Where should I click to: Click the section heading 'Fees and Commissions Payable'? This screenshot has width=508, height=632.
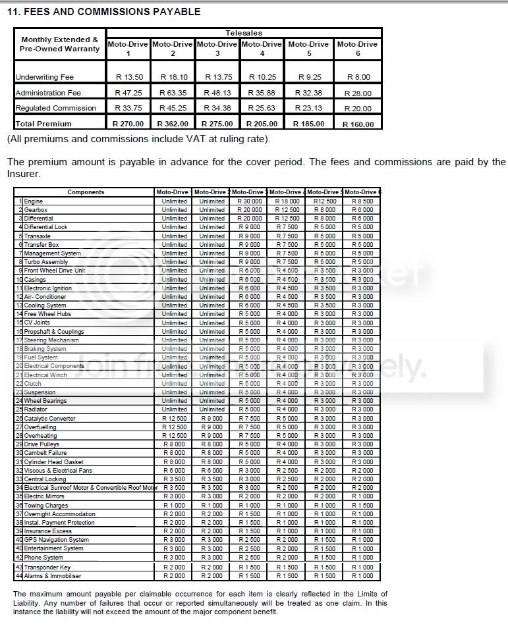[x=103, y=12]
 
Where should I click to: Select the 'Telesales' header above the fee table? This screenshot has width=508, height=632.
[x=244, y=33]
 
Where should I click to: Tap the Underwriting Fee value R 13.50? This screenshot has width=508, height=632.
[x=128, y=77]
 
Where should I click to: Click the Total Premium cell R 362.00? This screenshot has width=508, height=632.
[x=172, y=124]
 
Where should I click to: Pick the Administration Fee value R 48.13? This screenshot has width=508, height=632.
[x=217, y=93]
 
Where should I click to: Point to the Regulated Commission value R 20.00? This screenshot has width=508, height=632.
[x=357, y=109]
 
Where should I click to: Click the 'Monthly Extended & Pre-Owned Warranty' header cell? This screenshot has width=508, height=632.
[x=59, y=44]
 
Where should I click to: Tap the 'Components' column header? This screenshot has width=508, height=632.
[x=86, y=192]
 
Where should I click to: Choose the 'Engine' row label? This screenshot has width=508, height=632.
[x=34, y=201]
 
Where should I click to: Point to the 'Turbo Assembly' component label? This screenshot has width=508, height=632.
[x=46, y=262]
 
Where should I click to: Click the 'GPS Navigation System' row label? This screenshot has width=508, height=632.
[x=56, y=540]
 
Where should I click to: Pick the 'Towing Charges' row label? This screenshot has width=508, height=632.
[x=45, y=505]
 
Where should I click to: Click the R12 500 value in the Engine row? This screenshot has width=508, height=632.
[x=325, y=201]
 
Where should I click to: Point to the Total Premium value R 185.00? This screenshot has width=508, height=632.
[x=310, y=124]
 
